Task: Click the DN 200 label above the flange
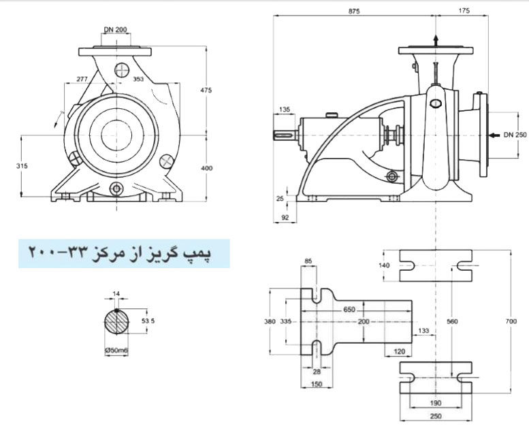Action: coord(116,30)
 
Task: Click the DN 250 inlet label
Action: coord(515,135)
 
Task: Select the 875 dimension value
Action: coord(353,11)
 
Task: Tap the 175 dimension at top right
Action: coord(465,11)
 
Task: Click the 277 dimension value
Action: coord(82,80)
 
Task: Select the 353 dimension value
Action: coord(139,80)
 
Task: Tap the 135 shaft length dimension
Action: coord(285,110)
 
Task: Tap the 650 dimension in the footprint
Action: coord(349,310)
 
